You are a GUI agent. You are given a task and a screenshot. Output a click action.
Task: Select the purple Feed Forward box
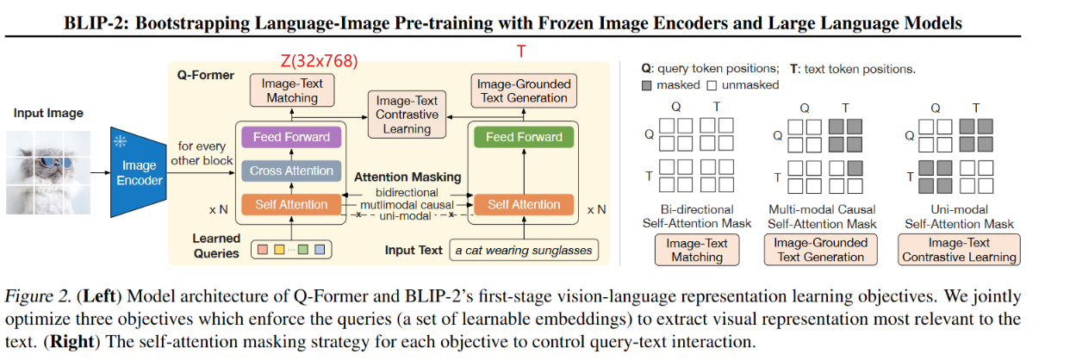pyautogui.click(x=291, y=137)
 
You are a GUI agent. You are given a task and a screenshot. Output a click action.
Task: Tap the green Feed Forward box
pyautogui.click(x=524, y=137)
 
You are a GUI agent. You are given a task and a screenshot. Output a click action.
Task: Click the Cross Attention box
pyautogui.click(x=291, y=171)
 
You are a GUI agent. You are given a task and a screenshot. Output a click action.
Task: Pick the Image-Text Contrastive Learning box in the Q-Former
pyautogui.click(x=407, y=115)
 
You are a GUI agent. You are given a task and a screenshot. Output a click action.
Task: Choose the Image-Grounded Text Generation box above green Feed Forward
pyautogui.click(x=523, y=90)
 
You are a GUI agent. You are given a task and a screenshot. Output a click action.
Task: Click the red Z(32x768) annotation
pyautogui.click(x=319, y=61)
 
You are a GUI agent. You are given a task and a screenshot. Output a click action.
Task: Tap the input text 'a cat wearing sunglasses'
pyautogui.click(x=523, y=251)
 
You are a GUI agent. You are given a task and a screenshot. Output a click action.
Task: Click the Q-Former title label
pyautogui.click(x=200, y=75)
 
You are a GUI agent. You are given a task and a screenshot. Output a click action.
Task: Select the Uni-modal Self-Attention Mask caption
pyautogui.click(x=960, y=216)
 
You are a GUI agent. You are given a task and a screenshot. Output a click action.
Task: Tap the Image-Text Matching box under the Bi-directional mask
pyautogui.click(x=697, y=250)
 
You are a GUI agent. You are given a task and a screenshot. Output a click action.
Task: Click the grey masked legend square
pyautogui.click(x=647, y=84)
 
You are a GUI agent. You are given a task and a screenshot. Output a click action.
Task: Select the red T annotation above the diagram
pyautogui.click(x=521, y=53)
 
